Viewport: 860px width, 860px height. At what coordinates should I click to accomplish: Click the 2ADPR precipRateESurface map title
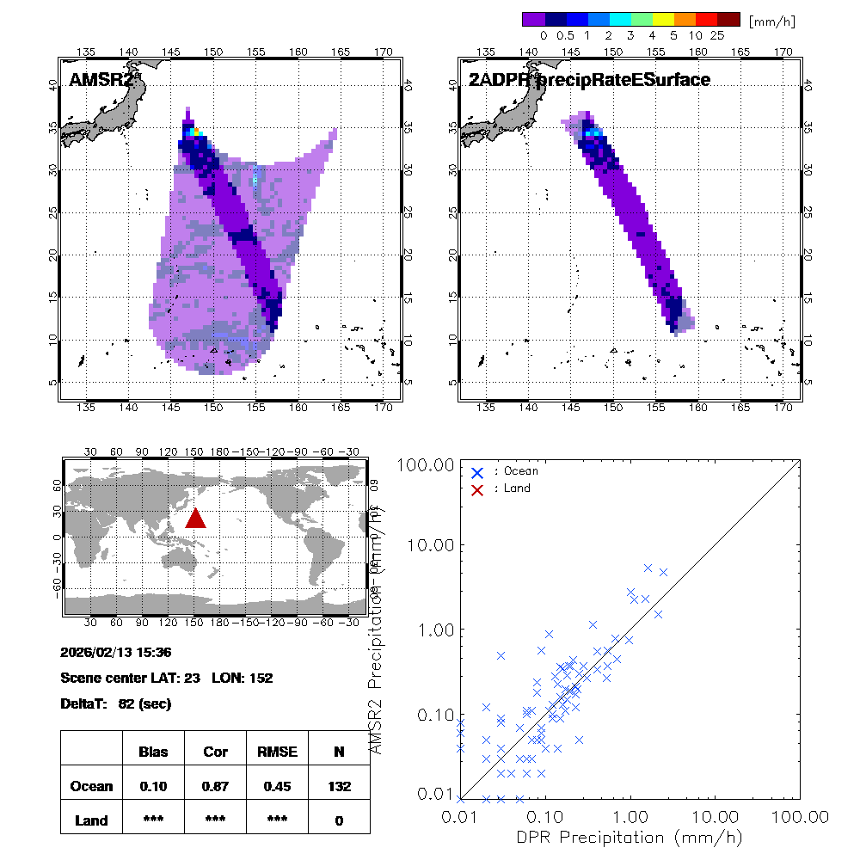(x=589, y=80)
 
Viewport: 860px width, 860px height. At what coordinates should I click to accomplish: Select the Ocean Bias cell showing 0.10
(x=153, y=786)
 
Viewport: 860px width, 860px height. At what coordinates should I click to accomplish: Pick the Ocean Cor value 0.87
(x=215, y=786)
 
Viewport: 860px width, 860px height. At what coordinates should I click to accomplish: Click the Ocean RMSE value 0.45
(x=276, y=786)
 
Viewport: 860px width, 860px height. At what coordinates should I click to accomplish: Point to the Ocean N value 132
(x=339, y=786)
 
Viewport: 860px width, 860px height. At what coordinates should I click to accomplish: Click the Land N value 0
(x=339, y=820)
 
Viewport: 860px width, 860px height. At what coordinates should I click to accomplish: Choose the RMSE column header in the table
(x=276, y=752)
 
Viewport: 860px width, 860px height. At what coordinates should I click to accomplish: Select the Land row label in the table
(x=91, y=820)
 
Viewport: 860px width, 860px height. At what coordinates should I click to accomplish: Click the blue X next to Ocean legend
(x=477, y=472)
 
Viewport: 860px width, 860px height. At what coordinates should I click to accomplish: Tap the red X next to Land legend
(x=477, y=488)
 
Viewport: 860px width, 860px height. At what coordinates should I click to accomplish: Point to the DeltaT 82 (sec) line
(x=116, y=704)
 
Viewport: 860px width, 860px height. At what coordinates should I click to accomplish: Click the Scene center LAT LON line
(x=167, y=679)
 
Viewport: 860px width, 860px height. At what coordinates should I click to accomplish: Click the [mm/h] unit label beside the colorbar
(x=772, y=21)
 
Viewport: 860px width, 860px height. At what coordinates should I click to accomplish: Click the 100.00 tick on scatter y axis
(x=423, y=465)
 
